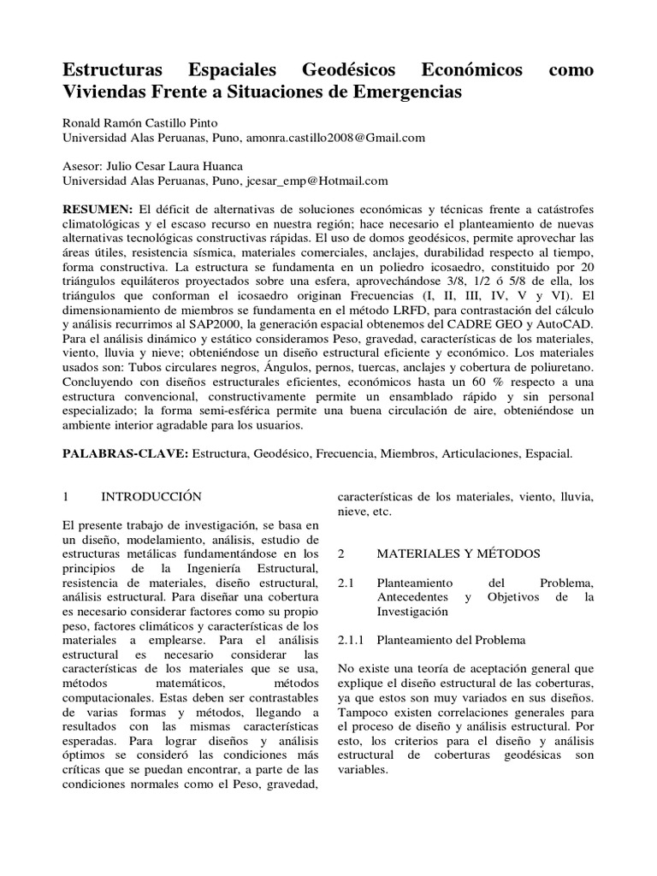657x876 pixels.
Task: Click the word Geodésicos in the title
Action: point(352,69)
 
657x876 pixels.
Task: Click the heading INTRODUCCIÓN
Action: point(151,496)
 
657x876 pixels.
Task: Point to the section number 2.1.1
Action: point(352,640)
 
